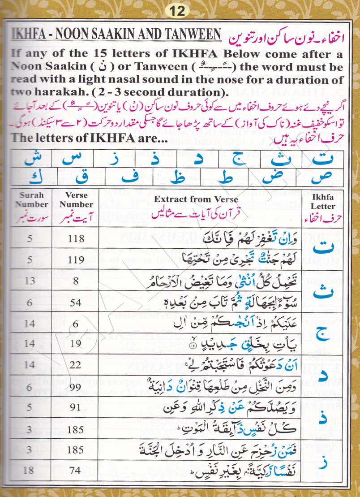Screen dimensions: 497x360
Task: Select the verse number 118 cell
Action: tap(75, 238)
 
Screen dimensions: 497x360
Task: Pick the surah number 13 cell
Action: tap(30, 281)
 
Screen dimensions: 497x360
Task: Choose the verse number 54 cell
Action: tap(75, 302)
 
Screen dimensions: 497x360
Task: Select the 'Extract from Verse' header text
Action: tap(196, 199)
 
